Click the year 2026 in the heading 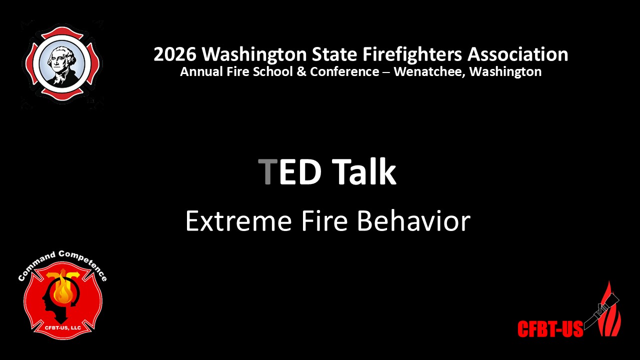point(175,54)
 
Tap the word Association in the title point(517,54)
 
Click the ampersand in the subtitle point(301,71)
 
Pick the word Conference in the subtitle point(344,71)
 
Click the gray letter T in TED point(267,171)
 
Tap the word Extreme point(238,221)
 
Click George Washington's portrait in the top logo point(62,65)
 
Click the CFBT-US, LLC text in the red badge point(63,327)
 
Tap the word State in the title point(334,54)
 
